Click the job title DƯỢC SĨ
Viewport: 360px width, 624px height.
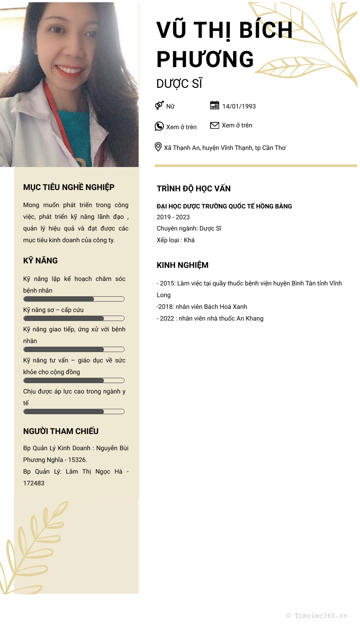pos(179,84)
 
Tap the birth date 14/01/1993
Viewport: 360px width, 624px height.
pos(239,106)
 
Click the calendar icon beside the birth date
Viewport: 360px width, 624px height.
pos(215,105)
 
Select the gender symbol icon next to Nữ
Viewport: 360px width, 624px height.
pos(159,105)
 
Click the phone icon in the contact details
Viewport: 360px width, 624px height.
pos(159,126)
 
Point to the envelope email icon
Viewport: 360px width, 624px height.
pos(215,125)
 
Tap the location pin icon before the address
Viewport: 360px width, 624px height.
pos(158,147)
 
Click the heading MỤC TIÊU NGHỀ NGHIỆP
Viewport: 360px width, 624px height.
pos(69,187)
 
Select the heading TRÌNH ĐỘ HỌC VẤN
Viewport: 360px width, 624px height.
pos(193,189)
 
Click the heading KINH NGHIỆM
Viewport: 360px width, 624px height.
pos(182,265)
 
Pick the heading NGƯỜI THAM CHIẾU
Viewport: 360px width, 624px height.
pos(61,431)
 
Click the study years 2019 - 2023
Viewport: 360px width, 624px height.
pos(173,217)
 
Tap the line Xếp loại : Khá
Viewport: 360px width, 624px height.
pos(175,240)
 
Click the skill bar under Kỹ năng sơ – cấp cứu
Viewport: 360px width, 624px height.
pos(74,318)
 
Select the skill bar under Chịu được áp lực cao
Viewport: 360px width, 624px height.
pos(74,411)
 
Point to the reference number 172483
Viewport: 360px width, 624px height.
pos(34,483)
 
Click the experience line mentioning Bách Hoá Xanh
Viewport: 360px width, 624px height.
pos(202,307)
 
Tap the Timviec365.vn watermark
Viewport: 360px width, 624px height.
pos(317,615)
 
